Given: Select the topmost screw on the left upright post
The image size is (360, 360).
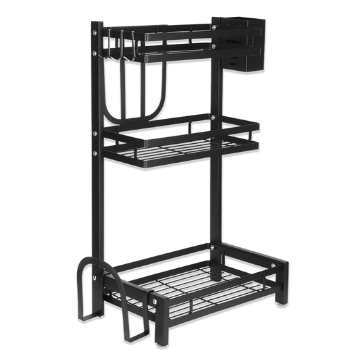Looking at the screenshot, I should coord(97,31).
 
